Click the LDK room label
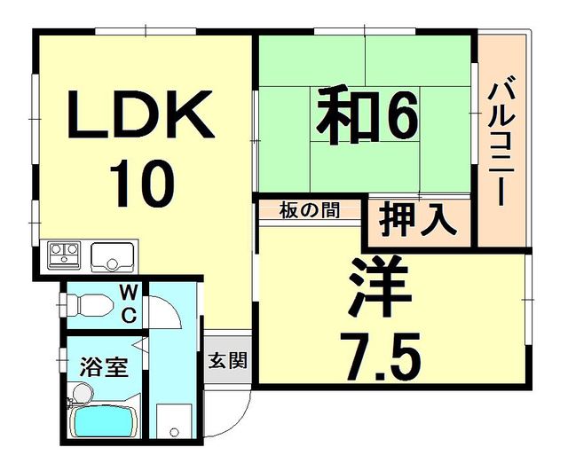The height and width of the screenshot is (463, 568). click(x=140, y=114)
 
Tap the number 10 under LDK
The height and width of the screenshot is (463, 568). click(x=142, y=184)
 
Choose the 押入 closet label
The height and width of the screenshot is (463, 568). click(x=416, y=221)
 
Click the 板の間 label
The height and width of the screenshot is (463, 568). click(x=310, y=210)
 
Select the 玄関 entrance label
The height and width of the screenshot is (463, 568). click(x=227, y=360)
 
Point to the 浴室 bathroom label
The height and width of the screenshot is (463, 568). click(x=105, y=366)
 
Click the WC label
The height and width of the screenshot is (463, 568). click(x=128, y=303)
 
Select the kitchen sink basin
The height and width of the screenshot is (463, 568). click(x=113, y=256)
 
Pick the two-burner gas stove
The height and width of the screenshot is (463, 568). click(x=65, y=255)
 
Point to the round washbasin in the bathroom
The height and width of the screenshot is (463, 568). click(x=83, y=394)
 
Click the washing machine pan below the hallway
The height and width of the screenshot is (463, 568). click(x=174, y=421)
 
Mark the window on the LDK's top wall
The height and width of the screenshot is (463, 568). click(x=146, y=31)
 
